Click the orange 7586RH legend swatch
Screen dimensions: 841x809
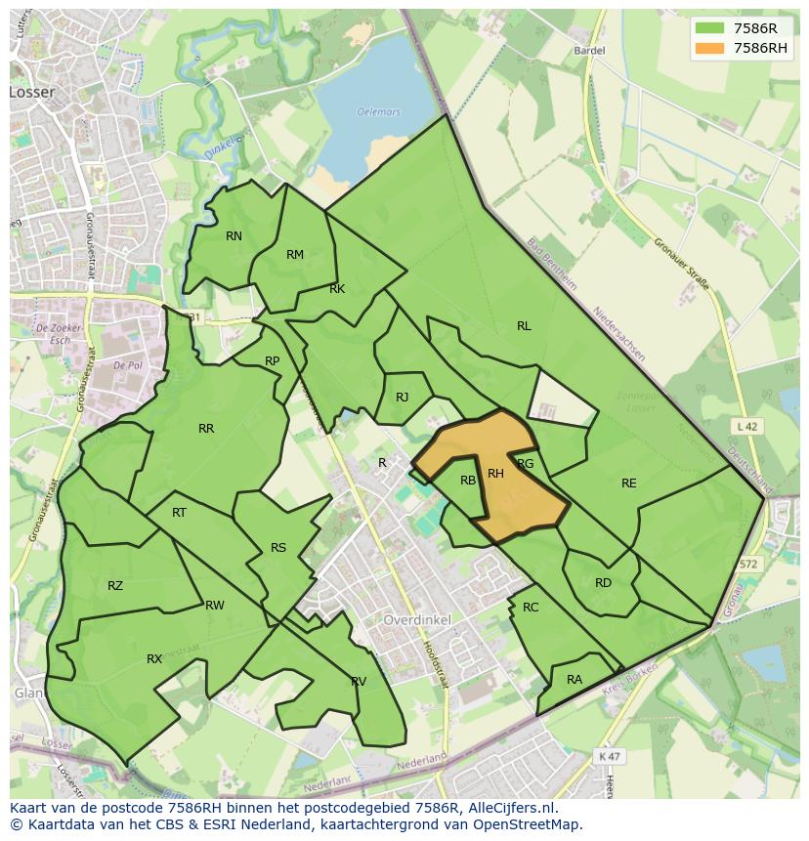(x=710, y=48)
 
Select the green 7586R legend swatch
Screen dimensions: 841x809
(x=710, y=28)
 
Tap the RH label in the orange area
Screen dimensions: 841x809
(x=495, y=474)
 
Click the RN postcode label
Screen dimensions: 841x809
(x=234, y=236)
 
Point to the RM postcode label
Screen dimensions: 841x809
(x=295, y=255)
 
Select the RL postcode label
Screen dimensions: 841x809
(x=524, y=326)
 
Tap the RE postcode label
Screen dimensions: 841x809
(x=628, y=483)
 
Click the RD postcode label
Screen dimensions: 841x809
(x=603, y=583)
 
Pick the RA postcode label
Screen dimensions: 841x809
(x=575, y=680)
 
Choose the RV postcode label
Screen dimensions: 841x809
(x=359, y=681)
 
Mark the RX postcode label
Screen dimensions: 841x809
(x=154, y=659)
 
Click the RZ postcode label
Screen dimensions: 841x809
(x=115, y=586)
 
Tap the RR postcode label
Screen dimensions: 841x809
(x=206, y=429)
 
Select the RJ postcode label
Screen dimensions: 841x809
(x=402, y=398)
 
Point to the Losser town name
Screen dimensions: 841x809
(x=32, y=92)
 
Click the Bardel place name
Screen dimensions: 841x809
(x=590, y=50)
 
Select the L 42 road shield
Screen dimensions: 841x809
(x=746, y=426)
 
